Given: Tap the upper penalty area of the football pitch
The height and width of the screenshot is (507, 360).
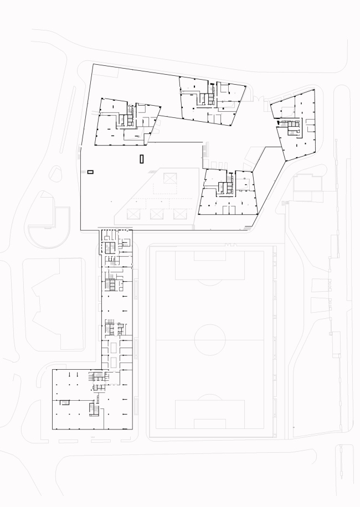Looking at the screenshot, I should (201, 265).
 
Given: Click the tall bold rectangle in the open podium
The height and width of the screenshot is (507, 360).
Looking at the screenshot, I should (142, 159).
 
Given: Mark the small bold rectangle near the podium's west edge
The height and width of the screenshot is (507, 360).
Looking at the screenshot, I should (91, 172).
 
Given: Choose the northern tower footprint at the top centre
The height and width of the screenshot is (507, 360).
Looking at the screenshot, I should (211, 101).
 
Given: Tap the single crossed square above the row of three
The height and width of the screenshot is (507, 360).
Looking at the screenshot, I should (169, 179).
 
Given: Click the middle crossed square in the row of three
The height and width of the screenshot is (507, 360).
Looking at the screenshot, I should (156, 214).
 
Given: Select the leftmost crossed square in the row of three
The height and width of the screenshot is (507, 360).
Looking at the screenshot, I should (133, 214).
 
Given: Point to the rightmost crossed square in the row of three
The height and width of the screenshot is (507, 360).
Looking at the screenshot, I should (179, 214).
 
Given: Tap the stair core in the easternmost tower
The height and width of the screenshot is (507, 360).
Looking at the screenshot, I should (290, 127).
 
